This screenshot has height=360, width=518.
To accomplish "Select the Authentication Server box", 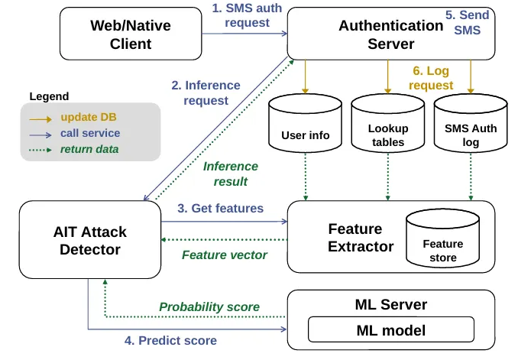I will coord(390,34).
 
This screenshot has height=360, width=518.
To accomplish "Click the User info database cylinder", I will coord(305,130).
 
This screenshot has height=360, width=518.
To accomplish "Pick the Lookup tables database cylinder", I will coord(387,130).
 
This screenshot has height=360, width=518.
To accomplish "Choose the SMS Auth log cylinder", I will coord(470,130).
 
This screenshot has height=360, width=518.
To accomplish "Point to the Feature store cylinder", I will coord(442,241).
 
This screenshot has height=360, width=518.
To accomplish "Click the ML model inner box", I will coord(390,330).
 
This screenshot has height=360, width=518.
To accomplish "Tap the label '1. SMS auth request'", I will coord(247,15).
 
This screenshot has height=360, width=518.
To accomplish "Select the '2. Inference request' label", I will coord(206,92).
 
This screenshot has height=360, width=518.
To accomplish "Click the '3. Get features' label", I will coord(220,208).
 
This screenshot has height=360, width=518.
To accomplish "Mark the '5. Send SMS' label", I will coord(467,21).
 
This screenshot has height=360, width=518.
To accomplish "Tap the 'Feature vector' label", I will coord(224,255).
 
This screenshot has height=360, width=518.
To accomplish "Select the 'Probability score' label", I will coord(209,306).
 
